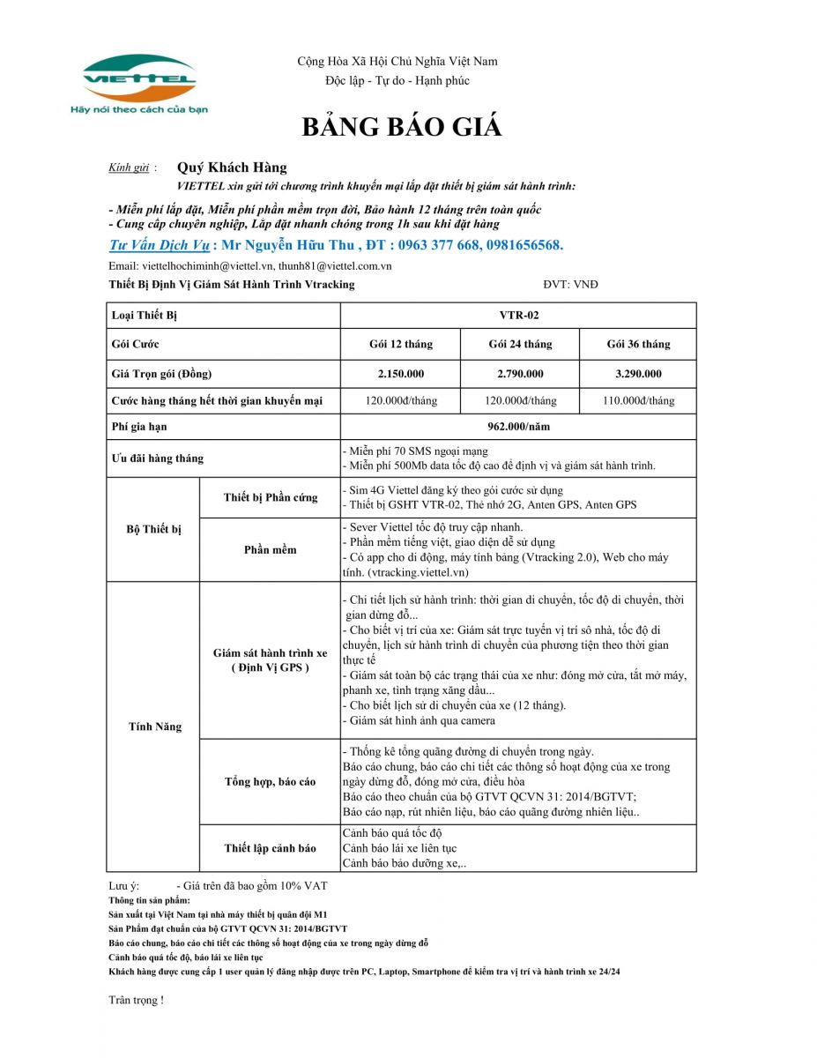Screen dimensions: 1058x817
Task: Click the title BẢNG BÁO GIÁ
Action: click(402, 128)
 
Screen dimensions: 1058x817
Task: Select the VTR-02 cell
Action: click(518, 315)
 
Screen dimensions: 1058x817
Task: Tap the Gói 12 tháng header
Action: click(401, 344)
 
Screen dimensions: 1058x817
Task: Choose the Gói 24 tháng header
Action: click(520, 344)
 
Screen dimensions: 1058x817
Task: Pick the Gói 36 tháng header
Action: click(638, 344)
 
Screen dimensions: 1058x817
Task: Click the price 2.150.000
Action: click(401, 374)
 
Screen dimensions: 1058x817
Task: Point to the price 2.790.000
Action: click(520, 374)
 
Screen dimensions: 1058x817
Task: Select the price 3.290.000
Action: click(638, 374)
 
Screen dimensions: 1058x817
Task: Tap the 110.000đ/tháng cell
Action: click(638, 400)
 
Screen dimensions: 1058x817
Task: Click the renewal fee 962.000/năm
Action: click(518, 427)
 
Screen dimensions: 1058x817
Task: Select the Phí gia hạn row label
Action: click(139, 427)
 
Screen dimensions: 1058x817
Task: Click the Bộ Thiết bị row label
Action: click(154, 529)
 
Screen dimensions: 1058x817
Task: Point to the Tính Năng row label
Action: click(155, 726)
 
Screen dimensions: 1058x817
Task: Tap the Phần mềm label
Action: click(270, 549)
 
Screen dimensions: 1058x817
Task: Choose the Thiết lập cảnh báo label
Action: click(270, 848)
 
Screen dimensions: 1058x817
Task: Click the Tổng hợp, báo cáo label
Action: click(270, 782)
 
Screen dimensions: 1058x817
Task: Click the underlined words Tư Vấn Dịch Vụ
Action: click(159, 245)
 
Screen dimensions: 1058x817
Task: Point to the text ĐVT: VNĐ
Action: click(570, 284)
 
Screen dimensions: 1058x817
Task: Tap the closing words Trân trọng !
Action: click(136, 1000)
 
